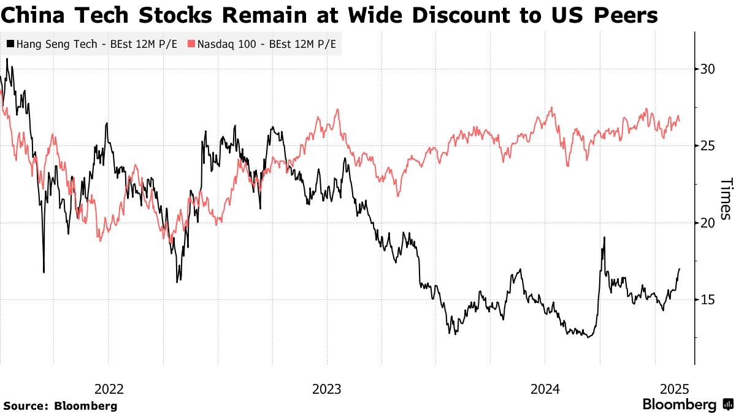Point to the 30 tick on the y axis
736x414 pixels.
click(708, 69)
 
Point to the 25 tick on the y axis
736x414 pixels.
click(708, 145)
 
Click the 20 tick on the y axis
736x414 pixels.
click(708, 223)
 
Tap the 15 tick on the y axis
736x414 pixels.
click(708, 299)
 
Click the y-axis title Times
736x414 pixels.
click(726, 199)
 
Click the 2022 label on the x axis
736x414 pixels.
click(109, 389)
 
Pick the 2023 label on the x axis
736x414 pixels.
click(327, 389)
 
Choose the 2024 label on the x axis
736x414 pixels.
click(545, 389)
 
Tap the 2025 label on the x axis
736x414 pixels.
click(675, 389)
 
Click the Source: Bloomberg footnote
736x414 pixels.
click(60, 405)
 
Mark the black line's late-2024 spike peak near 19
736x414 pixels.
click(604, 237)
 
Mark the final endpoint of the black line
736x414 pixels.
click(680, 269)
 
